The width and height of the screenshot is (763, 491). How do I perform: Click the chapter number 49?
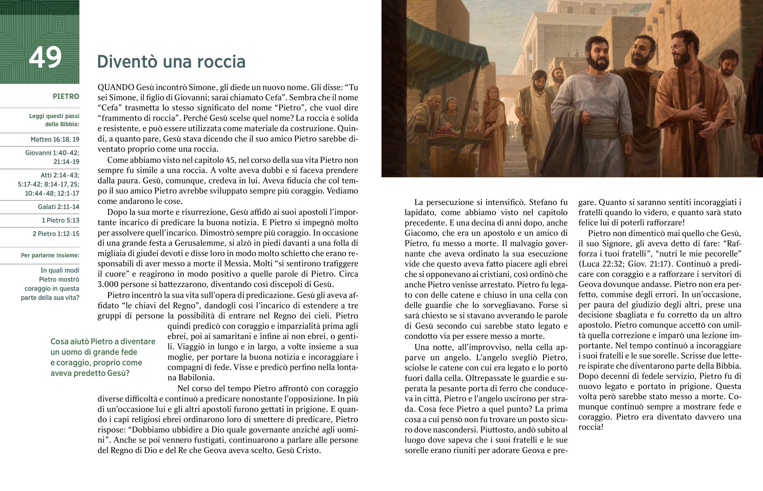point(45,58)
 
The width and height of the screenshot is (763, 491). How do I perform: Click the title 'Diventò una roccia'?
point(171,61)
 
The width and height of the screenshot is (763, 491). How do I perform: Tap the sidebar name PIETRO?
point(65,96)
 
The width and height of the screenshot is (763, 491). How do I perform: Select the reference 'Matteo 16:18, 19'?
point(55,139)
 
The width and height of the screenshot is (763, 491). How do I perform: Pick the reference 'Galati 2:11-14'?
point(58,207)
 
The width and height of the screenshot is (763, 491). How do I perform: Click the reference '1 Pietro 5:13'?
point(60,220)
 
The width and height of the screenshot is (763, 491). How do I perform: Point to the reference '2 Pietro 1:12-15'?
point(56,234)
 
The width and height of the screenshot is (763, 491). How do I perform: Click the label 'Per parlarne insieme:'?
point(50,256)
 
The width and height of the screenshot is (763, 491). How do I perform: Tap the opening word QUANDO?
point(116,87)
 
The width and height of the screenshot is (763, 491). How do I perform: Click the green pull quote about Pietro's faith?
point(103,357)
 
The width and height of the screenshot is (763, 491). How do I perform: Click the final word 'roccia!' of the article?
point(591,427)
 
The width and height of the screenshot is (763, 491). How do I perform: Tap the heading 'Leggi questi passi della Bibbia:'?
point(54,120)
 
